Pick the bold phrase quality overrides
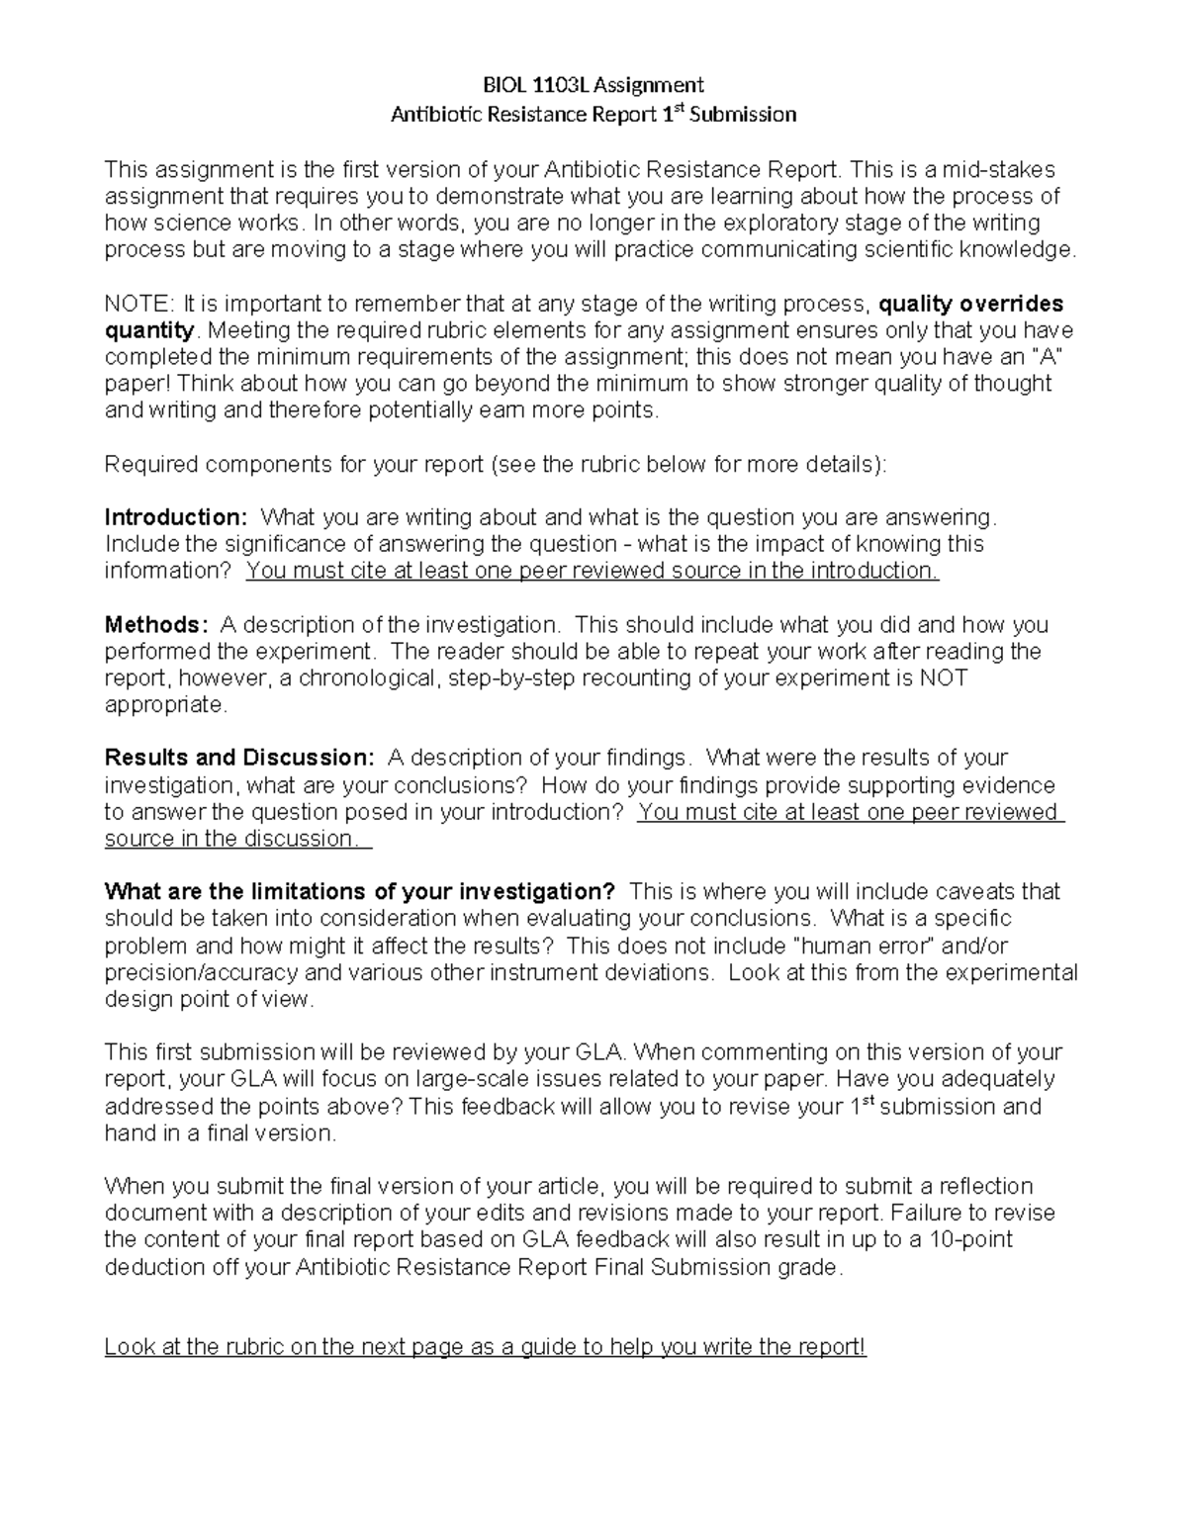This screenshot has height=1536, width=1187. (x=971, y=304)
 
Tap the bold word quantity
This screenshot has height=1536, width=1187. (x=149, y=330)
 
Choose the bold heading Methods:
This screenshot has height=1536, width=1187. (x=156, y=625)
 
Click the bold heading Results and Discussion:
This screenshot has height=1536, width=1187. (x=239, y=759)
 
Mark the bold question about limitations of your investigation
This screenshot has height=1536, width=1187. (x=360, y=892)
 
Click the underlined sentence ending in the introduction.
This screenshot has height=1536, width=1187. (x=592, y=571)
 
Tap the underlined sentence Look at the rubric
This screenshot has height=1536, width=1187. (x=485, y=1347)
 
